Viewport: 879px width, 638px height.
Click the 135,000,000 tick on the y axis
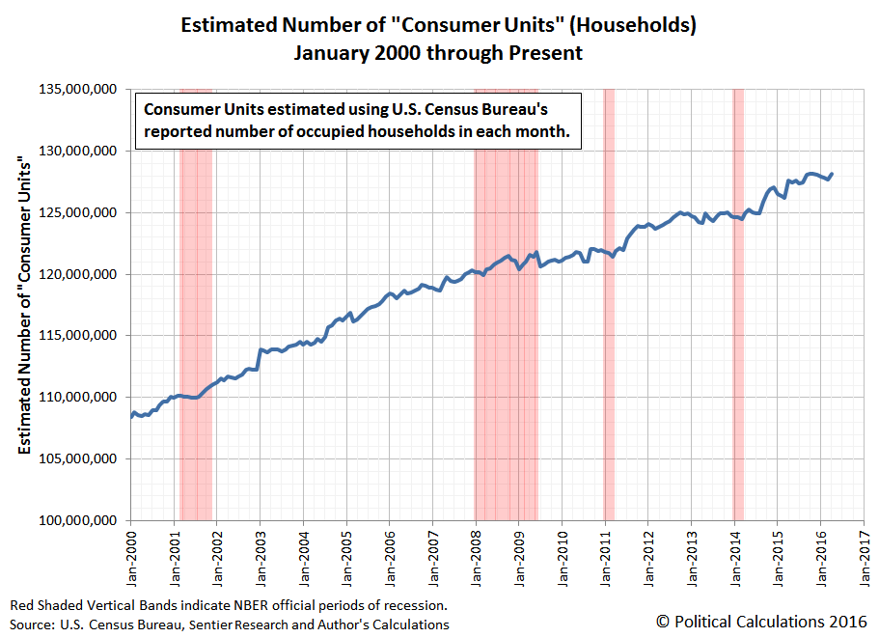(x=75, y=90)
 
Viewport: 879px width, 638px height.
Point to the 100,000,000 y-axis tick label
(x=75, y=520)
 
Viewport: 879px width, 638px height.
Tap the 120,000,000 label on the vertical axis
(x=75, y=274)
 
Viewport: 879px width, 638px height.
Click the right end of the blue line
(x=832, y=174)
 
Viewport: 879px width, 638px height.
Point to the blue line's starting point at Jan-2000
(x=131, y=417)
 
